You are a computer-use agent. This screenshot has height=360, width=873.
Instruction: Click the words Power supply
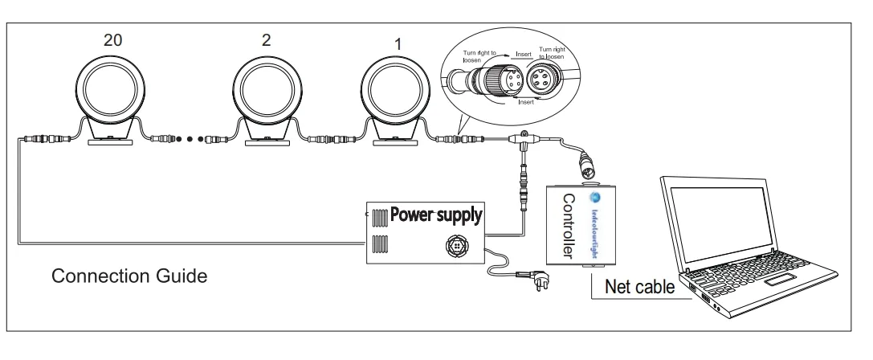pos(437,215)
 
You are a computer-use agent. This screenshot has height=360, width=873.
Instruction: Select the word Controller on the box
pos(568,225)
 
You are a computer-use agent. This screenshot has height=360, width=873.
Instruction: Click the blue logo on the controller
pos(594,198)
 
